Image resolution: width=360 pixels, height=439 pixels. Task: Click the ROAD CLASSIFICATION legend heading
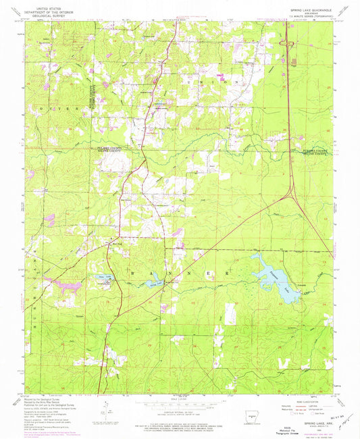click(x=305, y=395)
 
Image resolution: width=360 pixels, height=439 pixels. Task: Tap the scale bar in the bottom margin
click(x=180, y=403)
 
